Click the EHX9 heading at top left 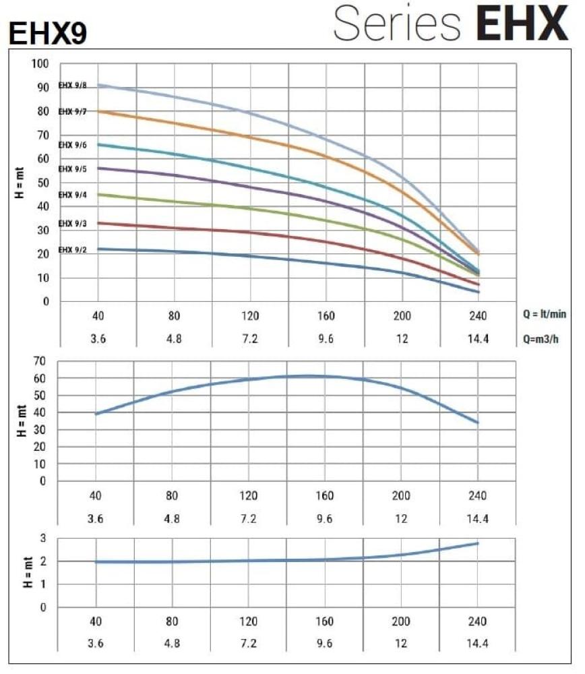[47, 33]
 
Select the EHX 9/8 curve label [72, 85]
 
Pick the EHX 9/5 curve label [73, 168]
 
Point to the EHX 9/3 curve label [73, 223]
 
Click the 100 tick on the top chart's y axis [40, 64]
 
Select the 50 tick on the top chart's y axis [42, 183]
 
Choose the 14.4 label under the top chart [478, 338]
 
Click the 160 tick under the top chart [326, 315]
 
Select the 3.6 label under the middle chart [96, 518]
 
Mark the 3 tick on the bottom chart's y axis [44, 538]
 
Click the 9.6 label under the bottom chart [325, 643]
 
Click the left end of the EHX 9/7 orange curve [99, 111]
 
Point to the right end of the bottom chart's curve [478, 543]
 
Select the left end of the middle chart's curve [96, 414]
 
